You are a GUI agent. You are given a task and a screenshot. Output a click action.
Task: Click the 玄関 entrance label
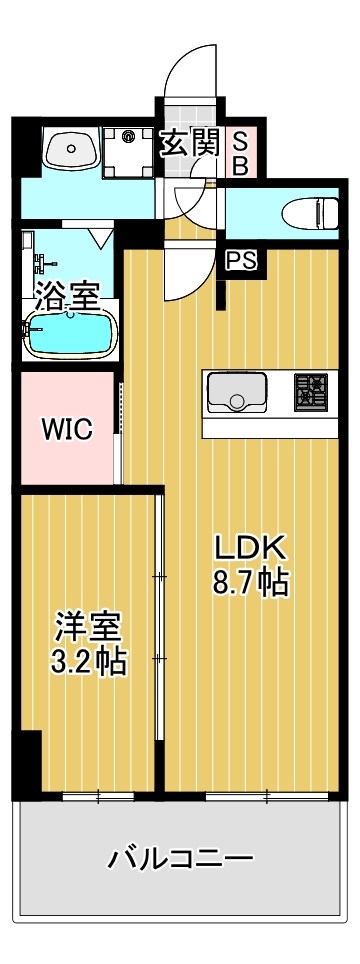[190, 144]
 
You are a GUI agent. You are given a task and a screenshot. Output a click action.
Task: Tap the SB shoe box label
[240, 153]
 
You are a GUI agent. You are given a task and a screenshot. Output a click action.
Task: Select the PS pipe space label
[240, 261]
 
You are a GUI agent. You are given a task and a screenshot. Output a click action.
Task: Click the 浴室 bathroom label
[68, 295]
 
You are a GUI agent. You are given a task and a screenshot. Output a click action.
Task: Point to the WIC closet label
[66, 430]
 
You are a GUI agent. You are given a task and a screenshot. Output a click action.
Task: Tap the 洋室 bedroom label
[89, 628]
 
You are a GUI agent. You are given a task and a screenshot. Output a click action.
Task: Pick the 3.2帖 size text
[89, 662]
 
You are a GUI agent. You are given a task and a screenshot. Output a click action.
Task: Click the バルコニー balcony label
[181, 858]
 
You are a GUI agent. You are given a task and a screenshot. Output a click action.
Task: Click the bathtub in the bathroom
[68, 335]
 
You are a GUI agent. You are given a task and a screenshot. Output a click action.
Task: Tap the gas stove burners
[310, 391]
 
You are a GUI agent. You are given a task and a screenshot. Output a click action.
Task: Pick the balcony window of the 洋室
[98, 796]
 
